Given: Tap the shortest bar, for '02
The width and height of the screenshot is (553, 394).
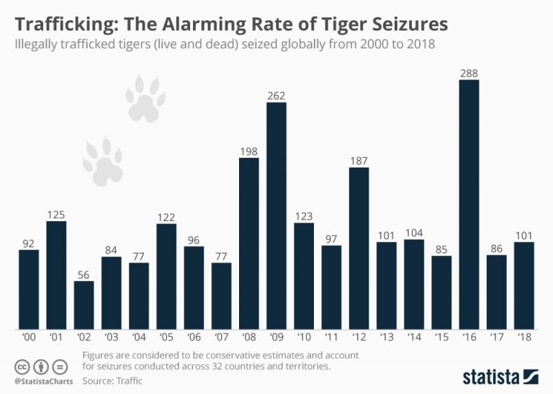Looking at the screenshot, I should click(84, 303).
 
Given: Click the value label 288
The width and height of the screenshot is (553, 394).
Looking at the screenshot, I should click(469, 72).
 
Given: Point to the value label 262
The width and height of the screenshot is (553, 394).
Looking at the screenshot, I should click(276, 94).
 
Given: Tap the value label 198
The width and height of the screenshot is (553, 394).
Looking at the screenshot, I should click(249, 150).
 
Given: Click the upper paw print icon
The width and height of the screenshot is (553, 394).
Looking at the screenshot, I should click(146, 99).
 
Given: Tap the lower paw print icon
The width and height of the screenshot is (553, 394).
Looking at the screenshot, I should click(103, 159).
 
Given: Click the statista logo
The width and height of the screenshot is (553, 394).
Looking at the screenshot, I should click(499, 375).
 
